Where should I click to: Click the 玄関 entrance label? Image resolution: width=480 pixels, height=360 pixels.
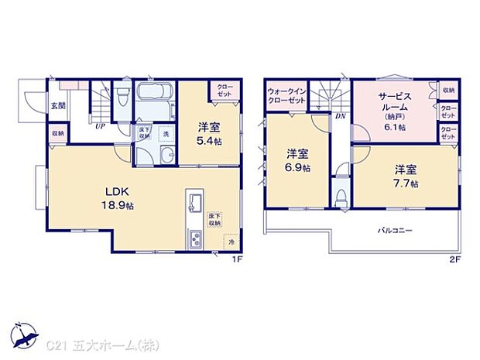58,105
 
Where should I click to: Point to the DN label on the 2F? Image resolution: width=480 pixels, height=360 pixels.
340,117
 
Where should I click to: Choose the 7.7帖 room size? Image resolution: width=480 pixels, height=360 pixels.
405,183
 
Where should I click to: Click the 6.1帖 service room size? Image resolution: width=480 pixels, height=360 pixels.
395,127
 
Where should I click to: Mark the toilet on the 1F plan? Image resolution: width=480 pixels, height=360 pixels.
122,100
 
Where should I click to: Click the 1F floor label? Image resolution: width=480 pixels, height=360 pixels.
238,259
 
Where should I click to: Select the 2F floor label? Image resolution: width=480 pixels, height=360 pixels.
457,259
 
